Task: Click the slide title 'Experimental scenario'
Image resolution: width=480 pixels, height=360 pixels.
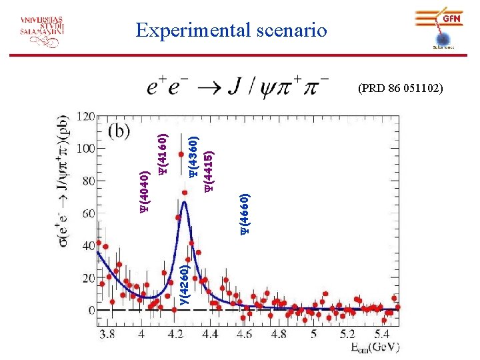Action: click(231, 30)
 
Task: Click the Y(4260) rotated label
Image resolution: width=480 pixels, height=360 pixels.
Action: click(185, 285)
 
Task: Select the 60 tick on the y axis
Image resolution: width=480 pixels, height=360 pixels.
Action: click(86, 213)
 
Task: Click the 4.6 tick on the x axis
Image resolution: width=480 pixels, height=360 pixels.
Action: click(243, 333)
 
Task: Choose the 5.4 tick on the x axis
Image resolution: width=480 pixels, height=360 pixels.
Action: click(381, 333)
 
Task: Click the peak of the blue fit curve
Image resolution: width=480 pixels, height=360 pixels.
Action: click(185, 203)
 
